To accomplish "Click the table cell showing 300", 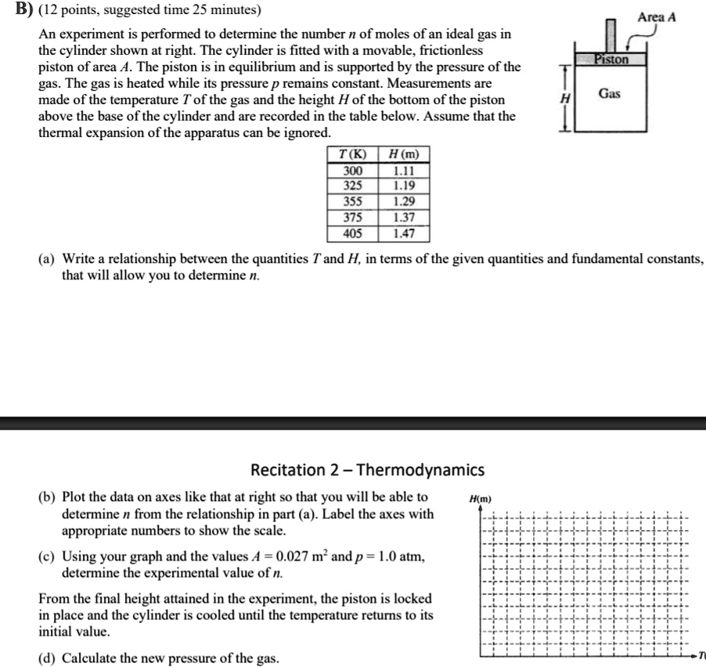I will [x=352, y=171].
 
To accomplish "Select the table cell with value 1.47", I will [x=403, y=233].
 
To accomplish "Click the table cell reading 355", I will [x=352, y=201].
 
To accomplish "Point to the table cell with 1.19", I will [x=403, y=186].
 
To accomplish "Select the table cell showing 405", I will [x=352, y=233].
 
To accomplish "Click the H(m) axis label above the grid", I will [x=478, y=499].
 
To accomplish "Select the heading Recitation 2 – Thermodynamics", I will [x=367, y=470].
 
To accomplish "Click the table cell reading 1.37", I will [x=403, y=217].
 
